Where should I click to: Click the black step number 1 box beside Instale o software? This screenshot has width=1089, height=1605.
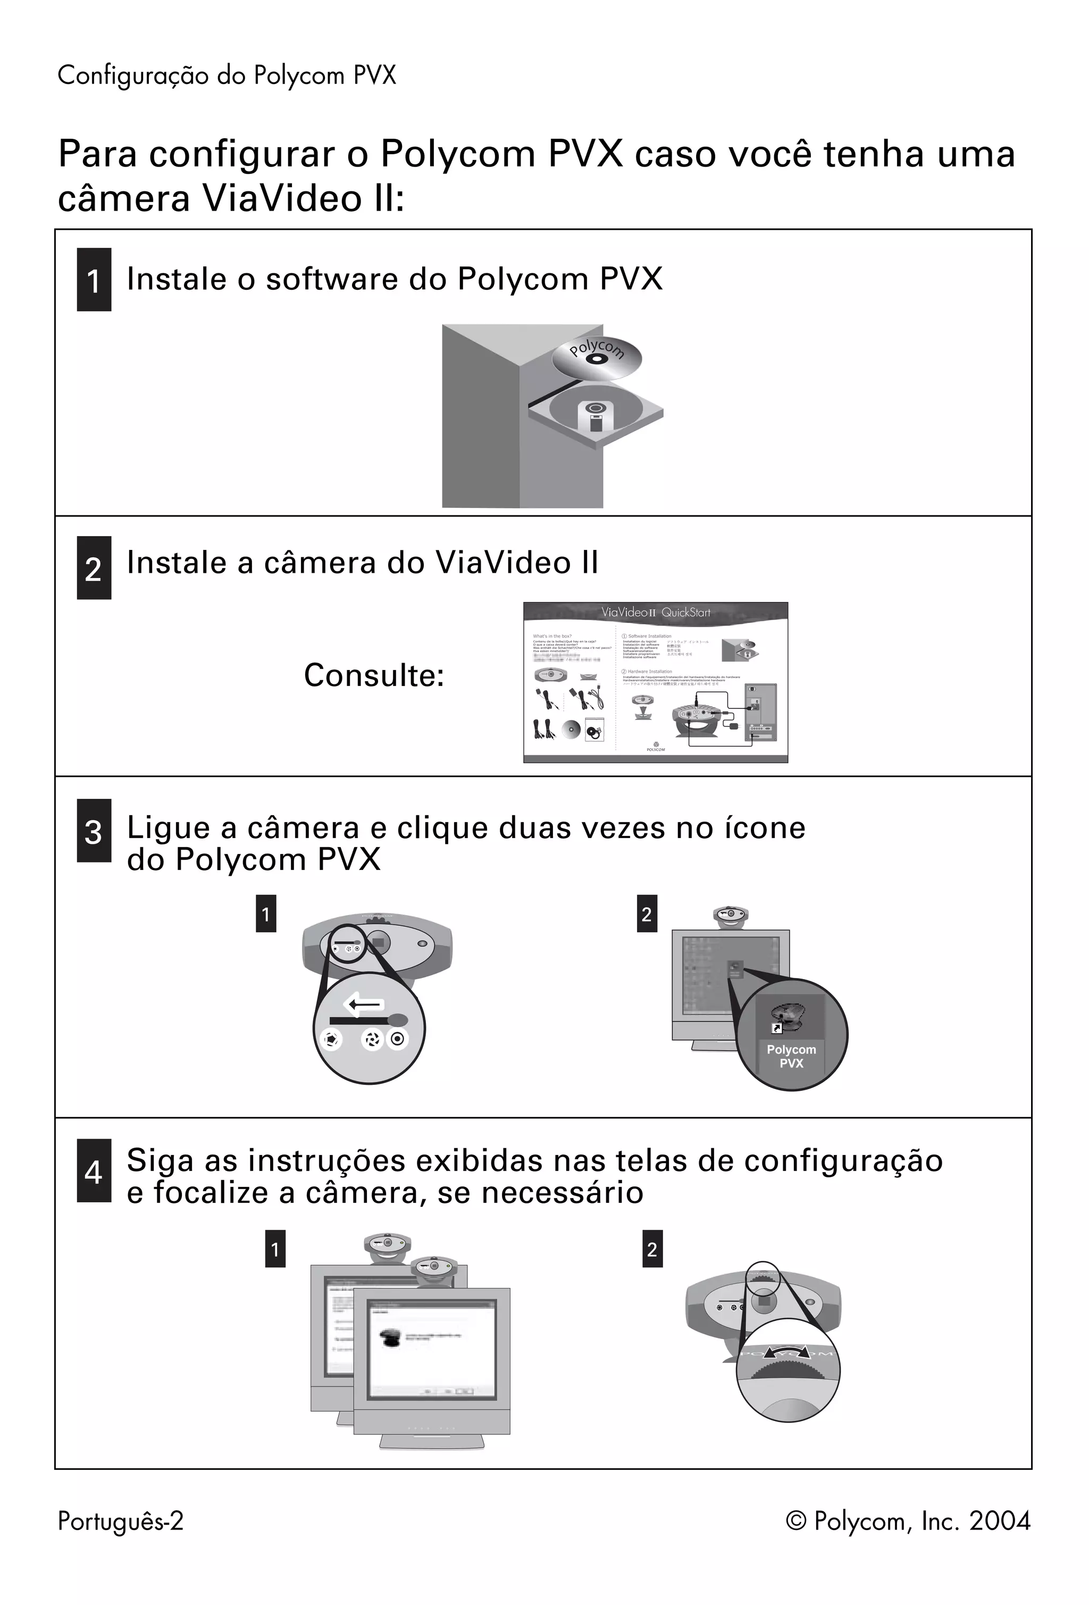(94, 280)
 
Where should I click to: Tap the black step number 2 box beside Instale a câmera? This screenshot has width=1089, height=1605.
(94, 567)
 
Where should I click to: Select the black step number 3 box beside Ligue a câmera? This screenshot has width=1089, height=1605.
(94, 831)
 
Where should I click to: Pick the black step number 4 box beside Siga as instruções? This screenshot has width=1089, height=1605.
(94, 1171)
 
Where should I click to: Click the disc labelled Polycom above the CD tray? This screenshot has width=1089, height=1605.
(597, 356)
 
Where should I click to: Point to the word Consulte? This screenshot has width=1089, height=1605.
(374, 675)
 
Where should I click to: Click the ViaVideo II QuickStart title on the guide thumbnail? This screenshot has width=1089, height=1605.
(655, 613)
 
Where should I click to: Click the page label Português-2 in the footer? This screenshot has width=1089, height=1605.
(121, 1521)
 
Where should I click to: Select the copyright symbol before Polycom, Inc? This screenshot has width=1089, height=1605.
(796, 1522)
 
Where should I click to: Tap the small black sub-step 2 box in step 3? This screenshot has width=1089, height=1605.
(647, 914)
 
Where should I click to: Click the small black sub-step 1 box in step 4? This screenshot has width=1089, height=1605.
(275, 1249)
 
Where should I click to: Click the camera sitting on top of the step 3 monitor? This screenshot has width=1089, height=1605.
(731, 916)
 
